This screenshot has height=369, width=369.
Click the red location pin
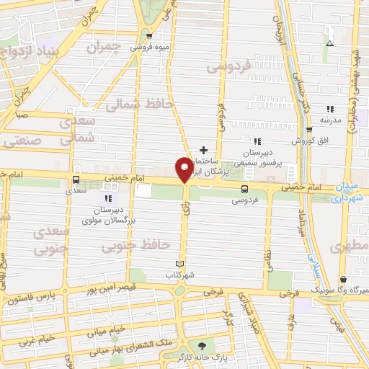(x=184, y=169)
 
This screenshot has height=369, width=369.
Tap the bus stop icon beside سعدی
(x=76, y=180)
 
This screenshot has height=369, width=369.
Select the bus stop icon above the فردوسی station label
(x=245, y=190)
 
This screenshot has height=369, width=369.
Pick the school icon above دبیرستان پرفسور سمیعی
(x=257, y=141)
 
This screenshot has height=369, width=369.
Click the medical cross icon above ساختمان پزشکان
(x=204, y=151)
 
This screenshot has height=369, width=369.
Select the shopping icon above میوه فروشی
(x=149, y=36)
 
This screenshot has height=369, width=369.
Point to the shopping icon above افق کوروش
(x=309, y=130)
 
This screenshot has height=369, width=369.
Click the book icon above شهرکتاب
(x=180, y=264)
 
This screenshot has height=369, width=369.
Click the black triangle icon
(x=329, y=43)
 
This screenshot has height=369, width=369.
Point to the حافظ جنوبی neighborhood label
(x=130, y=249)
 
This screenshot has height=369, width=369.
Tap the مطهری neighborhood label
(x=349, y=246)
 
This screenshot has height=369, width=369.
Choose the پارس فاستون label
(x=29, y=297)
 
